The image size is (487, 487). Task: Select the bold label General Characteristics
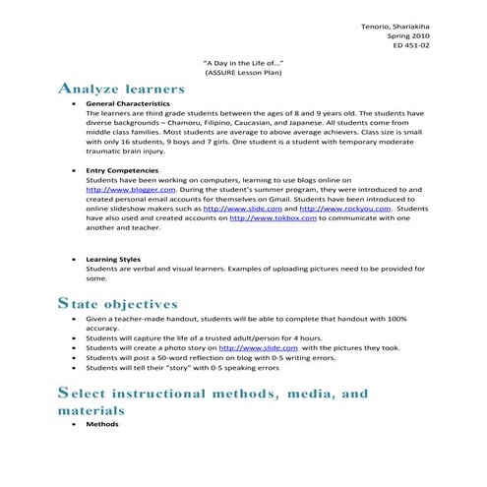pos(128,103)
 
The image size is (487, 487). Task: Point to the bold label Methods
pos(102,424)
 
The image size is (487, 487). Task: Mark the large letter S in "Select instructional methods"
pos(65,395)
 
